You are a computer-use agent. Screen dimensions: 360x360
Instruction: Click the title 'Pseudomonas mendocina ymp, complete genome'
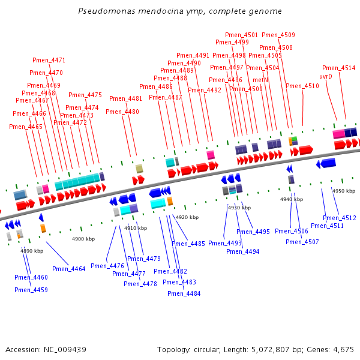[x=180, y=11]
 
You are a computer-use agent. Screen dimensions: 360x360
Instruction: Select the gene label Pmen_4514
[x=338, y=68]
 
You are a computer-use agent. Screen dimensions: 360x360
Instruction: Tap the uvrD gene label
[x=326, y=76]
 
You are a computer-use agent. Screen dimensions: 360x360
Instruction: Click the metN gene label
[x=260, y=80]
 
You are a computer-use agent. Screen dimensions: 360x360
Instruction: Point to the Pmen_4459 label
[x=31, y=290]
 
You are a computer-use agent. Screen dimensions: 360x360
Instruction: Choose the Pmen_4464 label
[x=69, y=269]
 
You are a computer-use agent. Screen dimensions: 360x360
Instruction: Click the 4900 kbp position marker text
[x=83, y=239]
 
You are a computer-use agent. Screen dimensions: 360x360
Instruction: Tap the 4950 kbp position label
[x=344, y=191]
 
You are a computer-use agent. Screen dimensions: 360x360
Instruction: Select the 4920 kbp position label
[x=187, y=217]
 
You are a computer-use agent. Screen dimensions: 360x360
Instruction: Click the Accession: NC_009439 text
[x=46, y=349]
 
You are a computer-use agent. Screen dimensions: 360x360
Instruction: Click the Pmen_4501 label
[x=241, y=35]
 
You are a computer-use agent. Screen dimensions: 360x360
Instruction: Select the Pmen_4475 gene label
[x=85, y=95]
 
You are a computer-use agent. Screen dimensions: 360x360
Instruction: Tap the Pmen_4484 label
[x=184, y=293]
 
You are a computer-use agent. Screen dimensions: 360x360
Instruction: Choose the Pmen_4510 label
[x=302, y=86]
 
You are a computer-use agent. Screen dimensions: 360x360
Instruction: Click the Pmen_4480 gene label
[x=122, y=112]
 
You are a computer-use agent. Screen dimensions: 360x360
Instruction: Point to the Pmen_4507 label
[x=302, y=242]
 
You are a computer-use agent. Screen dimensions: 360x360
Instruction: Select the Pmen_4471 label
[x=49, y=60]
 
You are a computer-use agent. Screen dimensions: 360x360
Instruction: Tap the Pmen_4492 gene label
[x=205, y=90]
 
